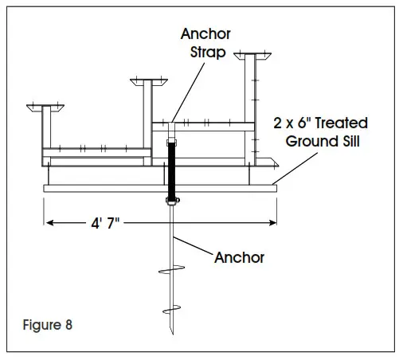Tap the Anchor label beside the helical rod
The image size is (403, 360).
point(239,257)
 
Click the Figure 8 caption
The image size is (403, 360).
point(51,325)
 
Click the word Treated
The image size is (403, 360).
point(345,123)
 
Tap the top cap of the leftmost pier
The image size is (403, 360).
point(45,106)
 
